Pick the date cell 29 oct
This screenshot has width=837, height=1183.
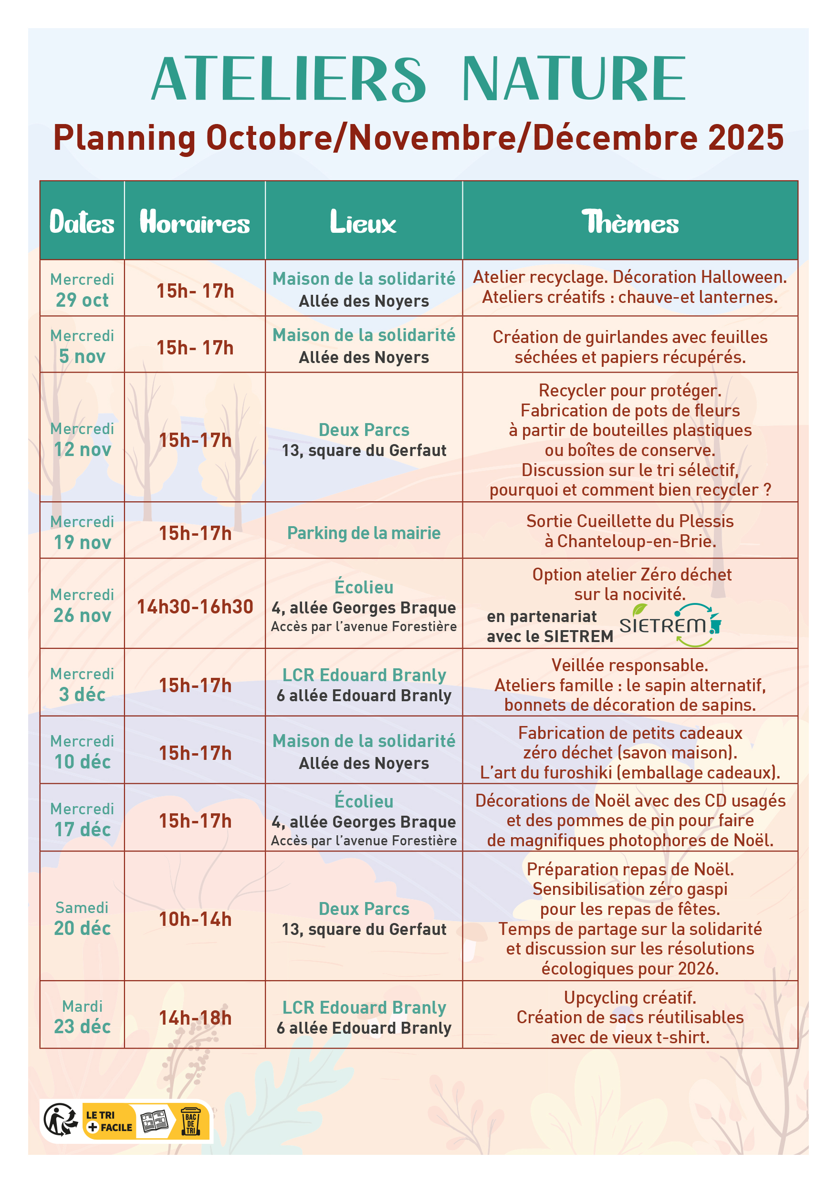pos(82,300)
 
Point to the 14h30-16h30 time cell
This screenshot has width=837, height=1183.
pos(195,606)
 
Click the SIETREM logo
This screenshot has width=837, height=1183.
pos(670,625)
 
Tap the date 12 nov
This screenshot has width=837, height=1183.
pos(83,449)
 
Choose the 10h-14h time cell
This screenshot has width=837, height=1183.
pos(195,919)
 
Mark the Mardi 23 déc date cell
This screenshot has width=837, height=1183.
pos(83,1017)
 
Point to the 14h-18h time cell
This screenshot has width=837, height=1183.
pos(195,1017)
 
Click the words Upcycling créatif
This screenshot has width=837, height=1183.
pos(630,997)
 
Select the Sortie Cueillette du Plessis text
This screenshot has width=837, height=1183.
pos(630,521)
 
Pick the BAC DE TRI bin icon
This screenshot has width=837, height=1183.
pos(191,1121)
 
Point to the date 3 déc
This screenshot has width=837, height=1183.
pos(83,694)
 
